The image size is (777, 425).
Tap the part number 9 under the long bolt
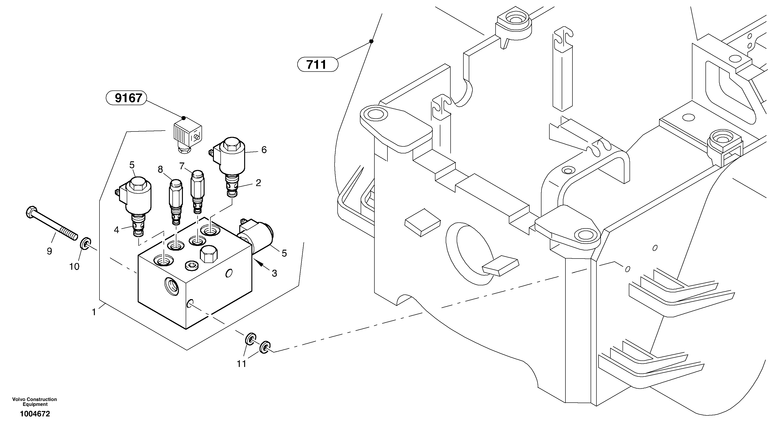point(49,251)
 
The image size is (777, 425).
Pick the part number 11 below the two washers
point(241,364)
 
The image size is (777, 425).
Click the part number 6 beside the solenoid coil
point(264,150)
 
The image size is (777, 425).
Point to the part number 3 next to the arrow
point(274,273)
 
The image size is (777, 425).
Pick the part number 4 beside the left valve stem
point(116,230)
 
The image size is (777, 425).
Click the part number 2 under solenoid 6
point(258,183)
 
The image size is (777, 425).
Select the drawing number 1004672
point(35,414)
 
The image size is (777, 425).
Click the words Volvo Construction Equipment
point(35,402)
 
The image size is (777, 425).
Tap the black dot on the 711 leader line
point(371,41)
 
